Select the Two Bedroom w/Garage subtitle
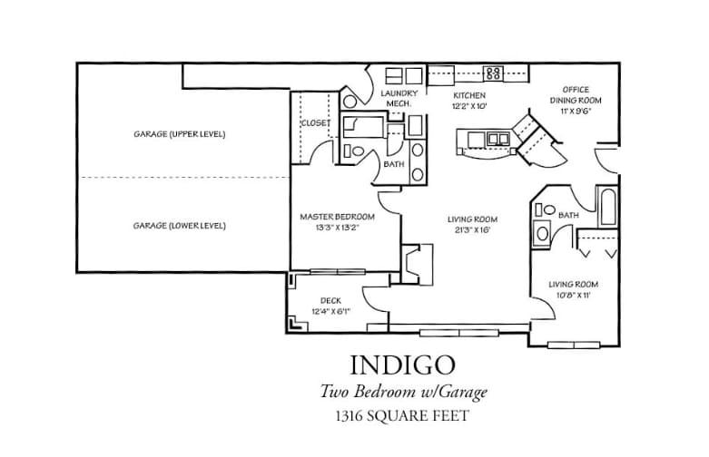click(403, 392)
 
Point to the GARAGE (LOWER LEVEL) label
click(179, 225)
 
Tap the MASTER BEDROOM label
click(337, 217)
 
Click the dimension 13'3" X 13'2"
click(337, 228)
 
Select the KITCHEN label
click(469, 95)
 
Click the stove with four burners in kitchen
click(493, 73)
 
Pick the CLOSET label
click(315, 123)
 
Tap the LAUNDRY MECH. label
click(399, 99)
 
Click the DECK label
click(330, 301)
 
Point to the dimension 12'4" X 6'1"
click(330, 312)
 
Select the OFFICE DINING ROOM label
click(576, 94)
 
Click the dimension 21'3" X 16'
click(472, 230)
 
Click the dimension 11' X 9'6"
click(576, 111)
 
